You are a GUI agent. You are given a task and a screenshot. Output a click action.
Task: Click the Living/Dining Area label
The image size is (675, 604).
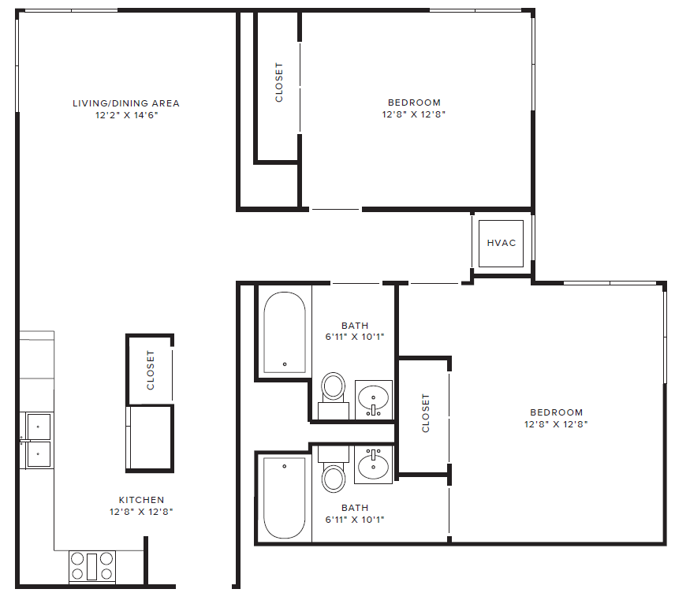pyautogui.click(x=126, y=103)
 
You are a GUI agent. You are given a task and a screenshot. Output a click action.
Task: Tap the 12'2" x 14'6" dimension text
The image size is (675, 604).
pyautogui.click(x=126, y=114)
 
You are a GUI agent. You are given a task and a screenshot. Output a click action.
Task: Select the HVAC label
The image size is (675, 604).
pyautogui.click(x=502, y=243)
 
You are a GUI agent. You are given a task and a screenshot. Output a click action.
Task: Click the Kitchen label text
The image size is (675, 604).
pyautogui.click(x=142, y=500)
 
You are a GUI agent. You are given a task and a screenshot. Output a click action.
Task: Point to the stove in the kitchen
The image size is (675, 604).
pyautogui.click(x=92, y=566)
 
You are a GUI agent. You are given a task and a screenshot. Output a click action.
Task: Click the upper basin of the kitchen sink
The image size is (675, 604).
pyautogui.click(x=37, y=427)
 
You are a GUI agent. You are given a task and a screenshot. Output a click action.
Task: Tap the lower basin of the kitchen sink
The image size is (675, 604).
pyautogui.click(x=37, y=453)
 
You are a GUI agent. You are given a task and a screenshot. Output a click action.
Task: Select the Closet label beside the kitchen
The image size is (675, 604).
pyautogui.click(x=151, y=370)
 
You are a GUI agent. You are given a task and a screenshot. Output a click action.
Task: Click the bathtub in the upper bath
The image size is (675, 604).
pyautogui.click(x=284, y=332)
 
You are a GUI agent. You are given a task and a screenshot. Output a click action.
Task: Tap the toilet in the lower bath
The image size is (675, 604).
pyautogui.click(x=334, y=475)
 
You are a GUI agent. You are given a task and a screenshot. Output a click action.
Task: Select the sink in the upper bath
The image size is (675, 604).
pyautogui.click(x=374, y=398)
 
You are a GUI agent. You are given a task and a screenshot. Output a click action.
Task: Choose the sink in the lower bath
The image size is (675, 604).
pyautogui.click(x=375, y=464)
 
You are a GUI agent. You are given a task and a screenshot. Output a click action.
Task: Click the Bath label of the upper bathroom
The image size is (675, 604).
pyautogui.click(x=355, y=326)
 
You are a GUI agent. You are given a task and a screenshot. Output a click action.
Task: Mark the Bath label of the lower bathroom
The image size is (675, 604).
pyautogui.click(x=355, y=508)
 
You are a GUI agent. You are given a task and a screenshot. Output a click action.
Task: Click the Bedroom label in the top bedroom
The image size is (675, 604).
pyautogui.click(x=414, y=103)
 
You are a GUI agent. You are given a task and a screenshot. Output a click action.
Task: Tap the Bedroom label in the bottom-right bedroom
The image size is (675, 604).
pyautogui.click(x=556, y=412)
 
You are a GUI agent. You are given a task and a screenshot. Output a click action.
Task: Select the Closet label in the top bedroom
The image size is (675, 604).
pyautogui.click(x=279, y=83)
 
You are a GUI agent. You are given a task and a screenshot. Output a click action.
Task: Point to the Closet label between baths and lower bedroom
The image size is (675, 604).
pyautogui.click(x=426, y=413)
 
